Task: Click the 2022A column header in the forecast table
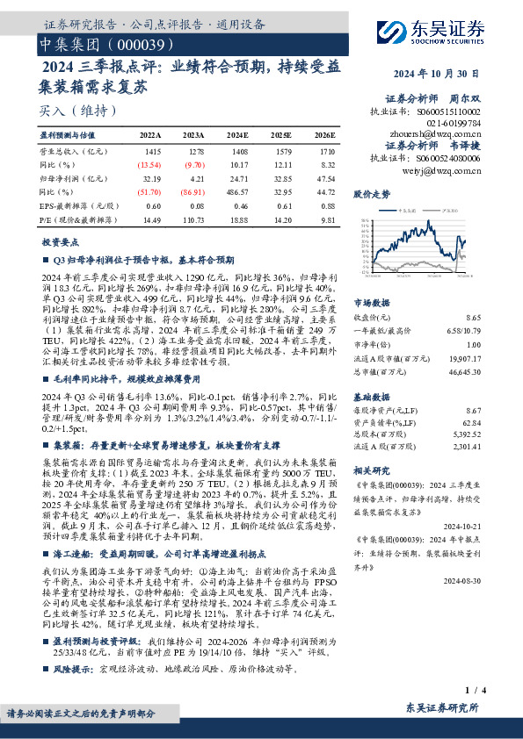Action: pyautogui.click(x=150, y=135)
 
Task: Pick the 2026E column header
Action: pyautogui.click(x=324, y=135)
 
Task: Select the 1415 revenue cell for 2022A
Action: pyautogui.click(x=153, y=151)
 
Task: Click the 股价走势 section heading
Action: pyautogui.click(x=370, y=194)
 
